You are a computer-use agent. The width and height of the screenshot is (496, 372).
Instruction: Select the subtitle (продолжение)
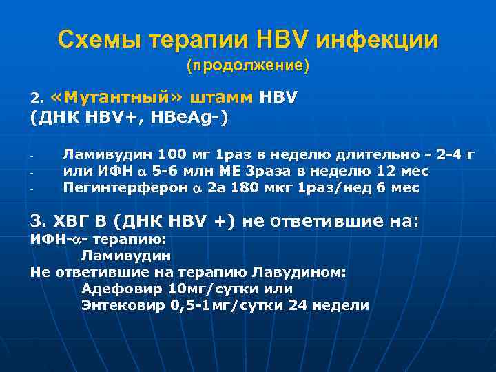point(248,66)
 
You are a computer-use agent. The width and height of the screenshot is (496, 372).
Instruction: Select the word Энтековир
point(122,306)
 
